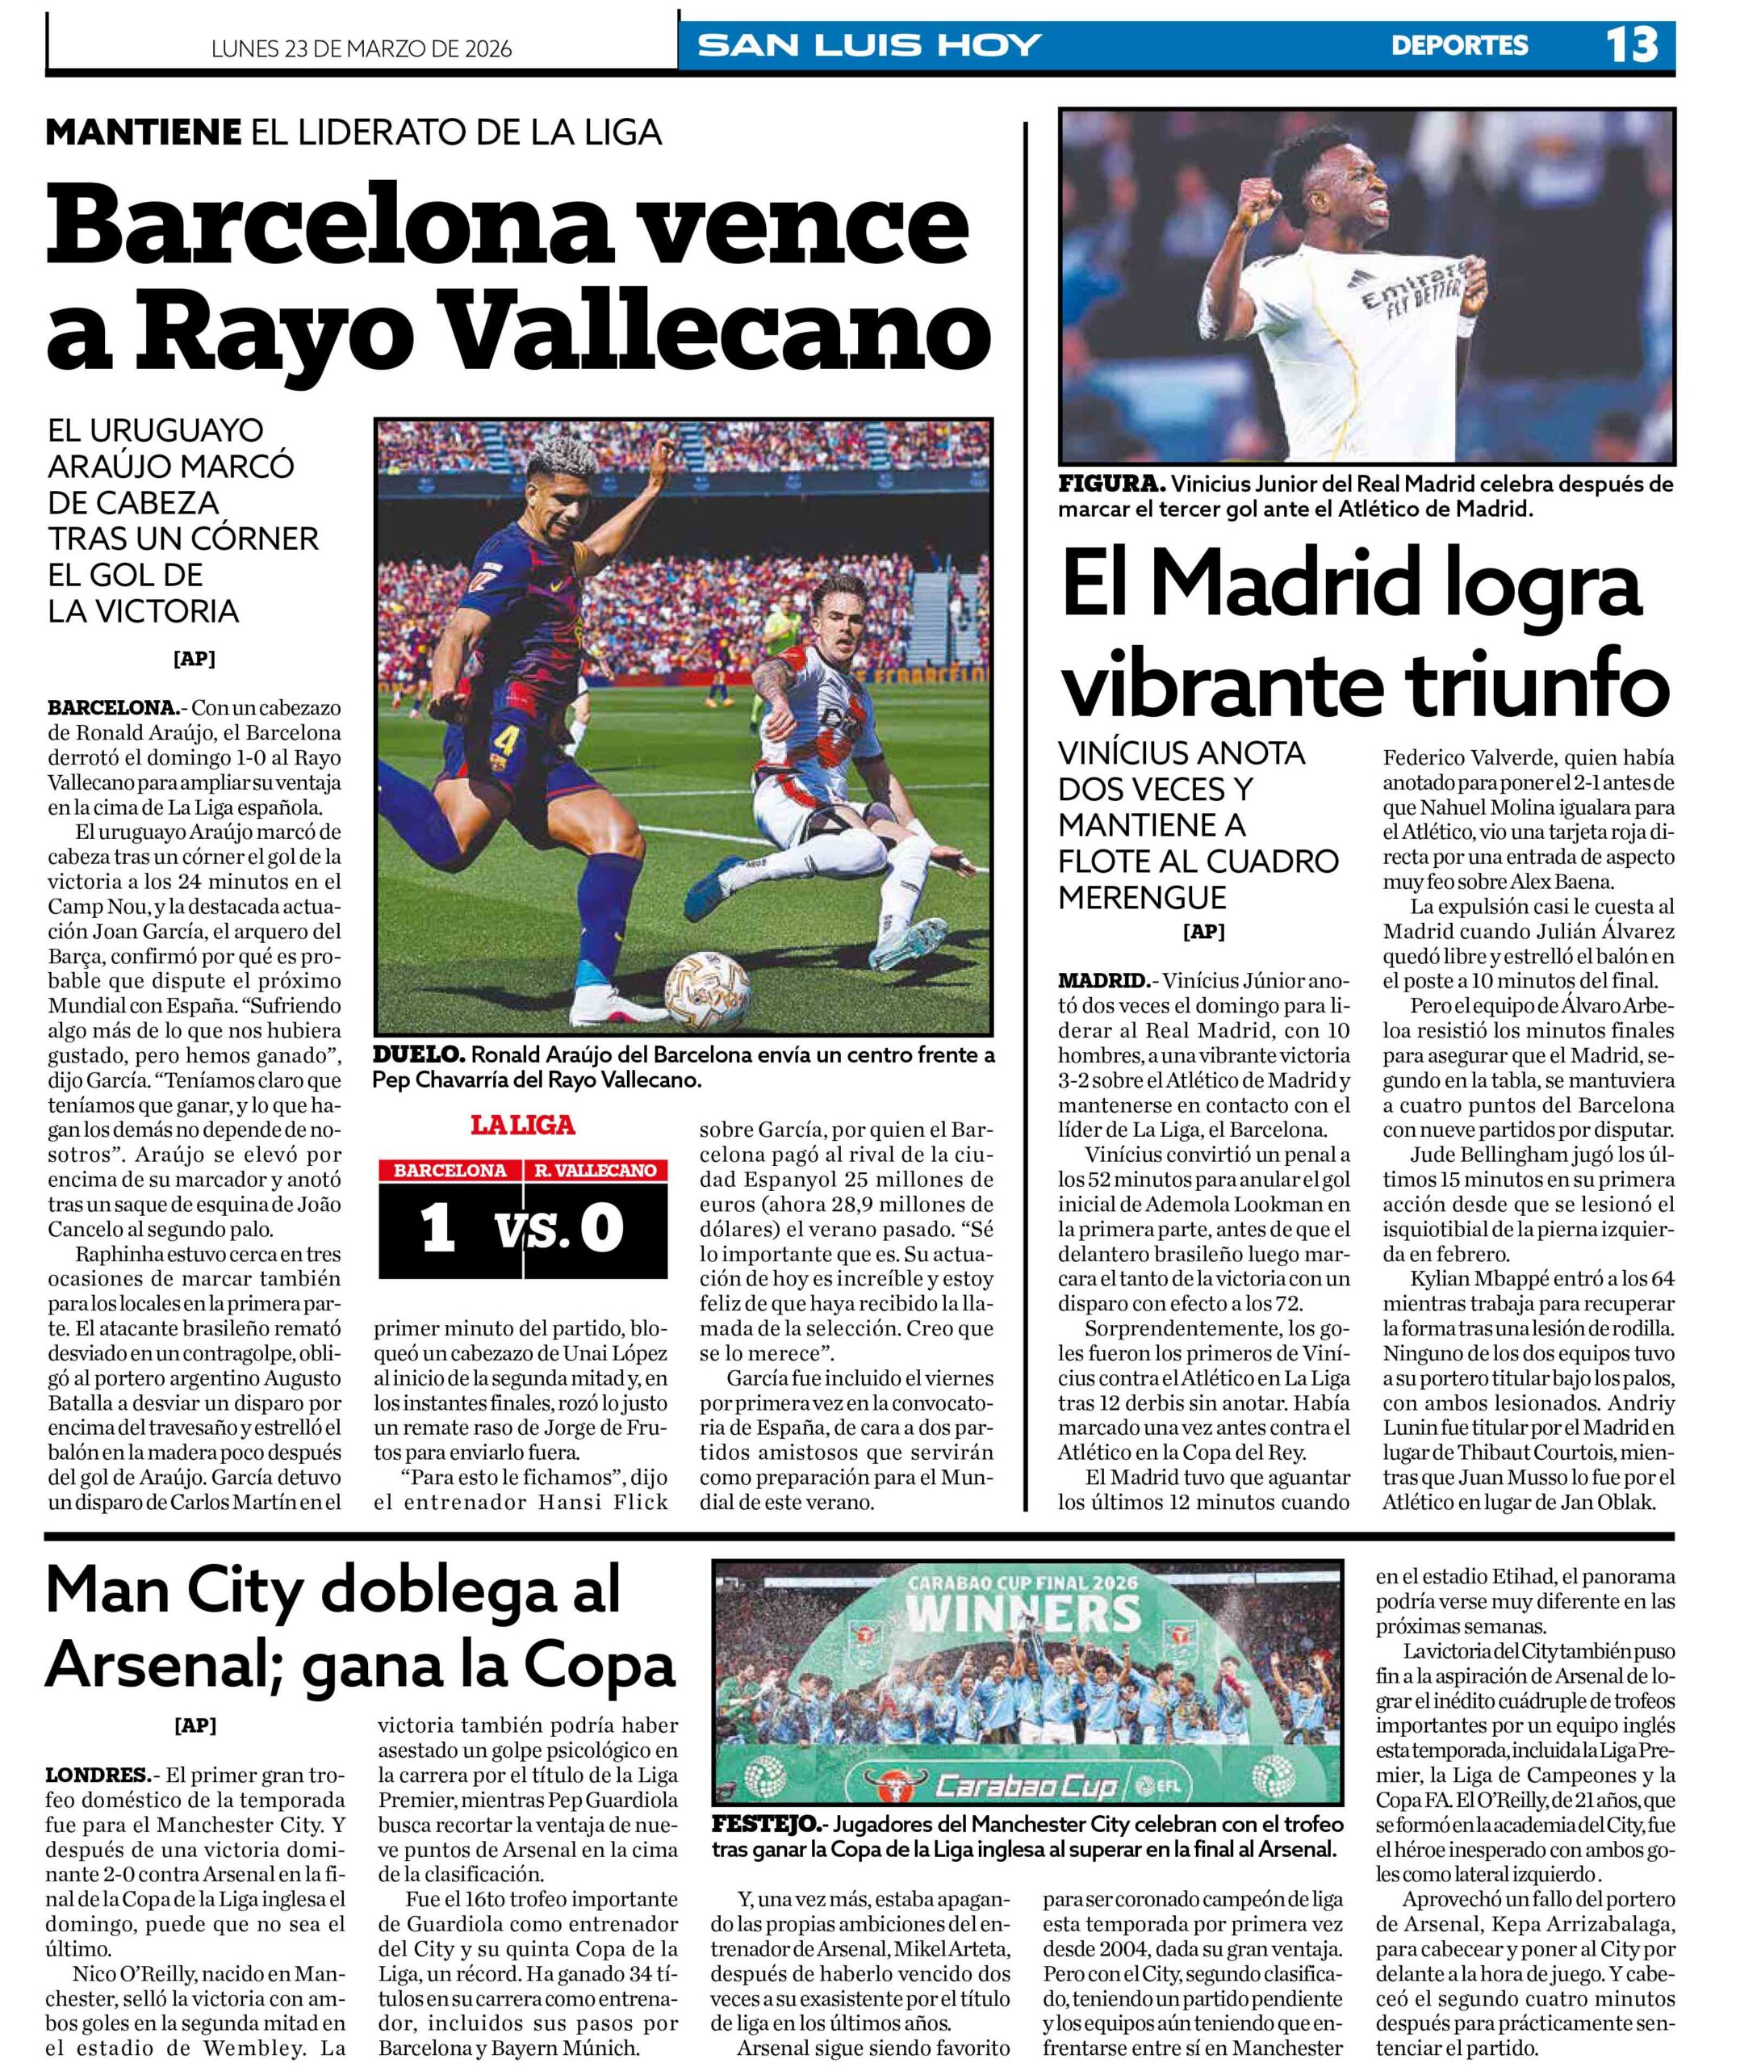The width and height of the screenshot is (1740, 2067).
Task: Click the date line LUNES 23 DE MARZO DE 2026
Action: tap(362, 49)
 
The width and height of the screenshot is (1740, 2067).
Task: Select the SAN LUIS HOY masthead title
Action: tap(869, 45)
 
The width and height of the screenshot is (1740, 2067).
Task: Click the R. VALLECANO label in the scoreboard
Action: tap(595, 1171)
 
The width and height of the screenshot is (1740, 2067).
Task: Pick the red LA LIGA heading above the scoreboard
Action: tap(523, 1125)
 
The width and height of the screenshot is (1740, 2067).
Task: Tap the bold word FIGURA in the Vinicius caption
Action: tap(1111, 484)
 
